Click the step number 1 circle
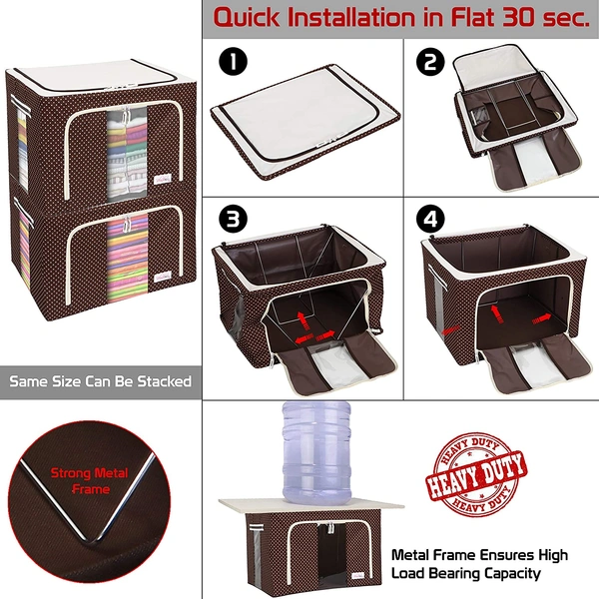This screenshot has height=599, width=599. tap(234, 62)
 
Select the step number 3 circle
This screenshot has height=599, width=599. tap(234, 218)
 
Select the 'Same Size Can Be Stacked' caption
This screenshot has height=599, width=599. tap(100, 381)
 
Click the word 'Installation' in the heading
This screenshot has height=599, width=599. tap(362, 17)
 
